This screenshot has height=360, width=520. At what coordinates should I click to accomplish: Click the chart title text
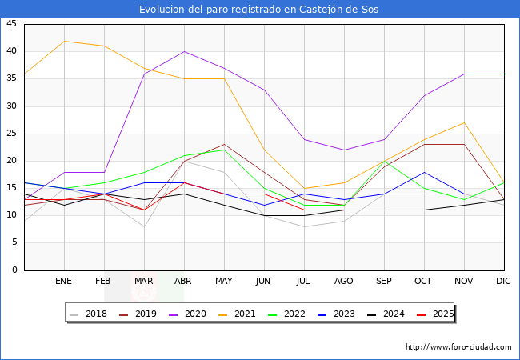(259, 10)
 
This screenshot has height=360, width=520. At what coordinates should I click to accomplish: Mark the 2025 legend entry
(433, 314)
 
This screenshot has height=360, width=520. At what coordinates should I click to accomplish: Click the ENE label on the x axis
(64, 282)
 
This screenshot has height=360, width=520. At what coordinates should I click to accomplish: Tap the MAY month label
(224, 282)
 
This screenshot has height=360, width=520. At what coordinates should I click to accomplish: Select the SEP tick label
(384, 282)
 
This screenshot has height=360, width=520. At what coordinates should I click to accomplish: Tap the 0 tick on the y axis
(14, 270)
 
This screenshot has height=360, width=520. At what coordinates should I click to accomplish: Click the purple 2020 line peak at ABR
(184, 51)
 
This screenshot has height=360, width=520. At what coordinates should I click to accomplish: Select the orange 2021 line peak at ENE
(64, 41)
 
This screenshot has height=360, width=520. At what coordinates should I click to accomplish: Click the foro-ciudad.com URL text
(458, 347)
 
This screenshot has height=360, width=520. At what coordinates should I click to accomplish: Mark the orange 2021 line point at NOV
(464, 122)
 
